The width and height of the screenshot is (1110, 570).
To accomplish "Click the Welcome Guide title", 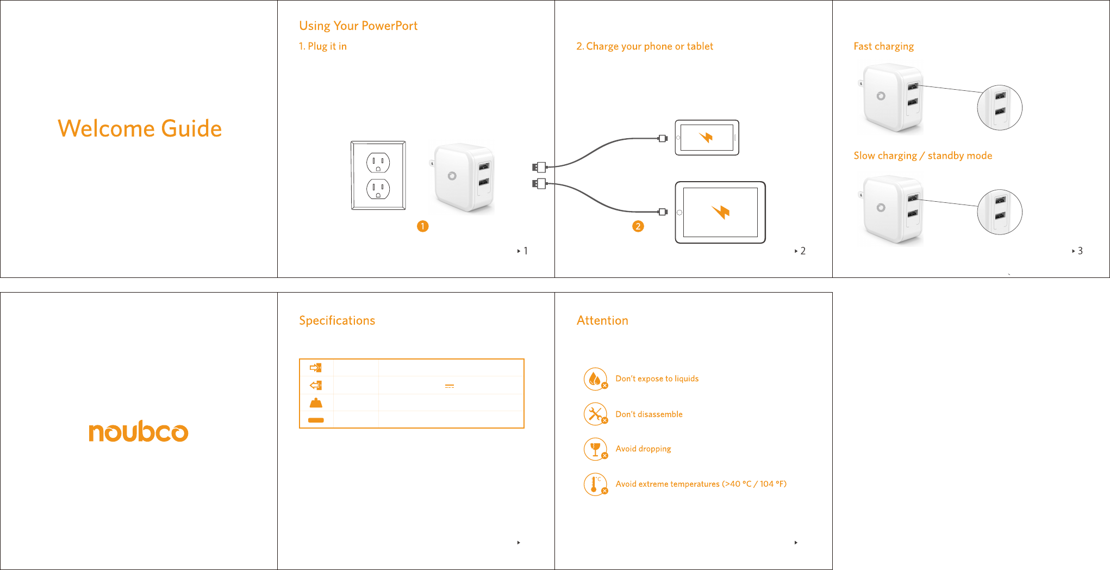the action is click(x=140, y=129).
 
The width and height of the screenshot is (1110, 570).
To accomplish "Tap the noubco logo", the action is click(x=139, y=431).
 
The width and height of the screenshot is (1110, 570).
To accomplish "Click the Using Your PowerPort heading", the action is click(x=358, y=26).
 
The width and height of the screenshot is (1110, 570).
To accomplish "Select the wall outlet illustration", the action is click(x=378, y=175).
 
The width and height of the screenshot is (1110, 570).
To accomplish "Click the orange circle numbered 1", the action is click(x=423, y=226).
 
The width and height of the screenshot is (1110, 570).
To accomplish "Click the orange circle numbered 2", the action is click(x=638, y=226).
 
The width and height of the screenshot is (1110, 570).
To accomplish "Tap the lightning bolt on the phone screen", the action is click(x=706, y=137).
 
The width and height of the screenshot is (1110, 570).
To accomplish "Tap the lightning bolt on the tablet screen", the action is click(x=721, y=212).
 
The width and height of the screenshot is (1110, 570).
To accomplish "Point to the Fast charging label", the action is click(x=883, y=47).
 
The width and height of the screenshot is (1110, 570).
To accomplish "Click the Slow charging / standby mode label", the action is click(x=922, y=156).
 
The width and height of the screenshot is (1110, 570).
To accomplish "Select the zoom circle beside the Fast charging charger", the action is click(x=1000, y=108).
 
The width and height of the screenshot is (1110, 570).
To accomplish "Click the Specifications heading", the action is click(x=337, y=321).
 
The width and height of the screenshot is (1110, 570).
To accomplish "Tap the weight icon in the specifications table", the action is click(x=316, y=403).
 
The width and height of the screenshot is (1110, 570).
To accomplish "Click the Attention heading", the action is click(x=602, y=321).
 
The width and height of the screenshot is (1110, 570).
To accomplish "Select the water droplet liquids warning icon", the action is click(x=596, y=379).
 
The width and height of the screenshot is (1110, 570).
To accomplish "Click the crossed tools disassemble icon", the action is click(x=596, y=414).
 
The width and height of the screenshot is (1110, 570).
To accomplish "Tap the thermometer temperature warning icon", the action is click(x=596, y=484).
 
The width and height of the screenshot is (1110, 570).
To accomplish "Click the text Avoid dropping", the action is click(x=643, y=449).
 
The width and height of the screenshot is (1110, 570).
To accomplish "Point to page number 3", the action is click(x=1080, y=251).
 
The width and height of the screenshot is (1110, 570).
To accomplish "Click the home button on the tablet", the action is click(x=679, y=212).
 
